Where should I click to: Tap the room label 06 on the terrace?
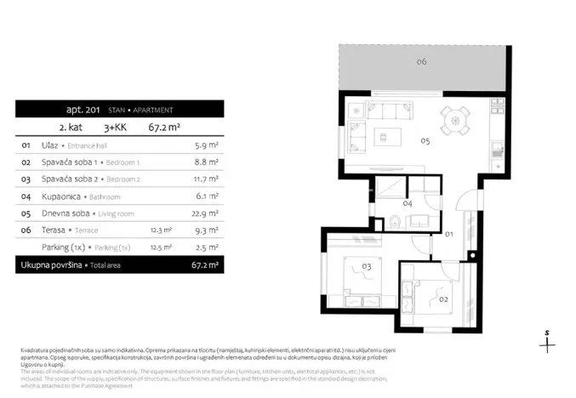click(x=422, y=62)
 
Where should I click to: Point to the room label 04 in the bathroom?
click(x=408, y=204)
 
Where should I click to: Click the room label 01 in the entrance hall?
click(x=448, y=232)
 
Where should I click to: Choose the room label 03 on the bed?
click(x=368, y=267)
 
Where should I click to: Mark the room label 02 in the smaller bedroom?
click(x=442, y=300)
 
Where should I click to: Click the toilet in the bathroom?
click(x=396, y=222)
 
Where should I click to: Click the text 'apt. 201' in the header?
click(x=83, y=110)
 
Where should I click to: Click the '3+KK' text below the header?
click(x=113, y=128)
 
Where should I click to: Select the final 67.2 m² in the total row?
click(x=205, y=265)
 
